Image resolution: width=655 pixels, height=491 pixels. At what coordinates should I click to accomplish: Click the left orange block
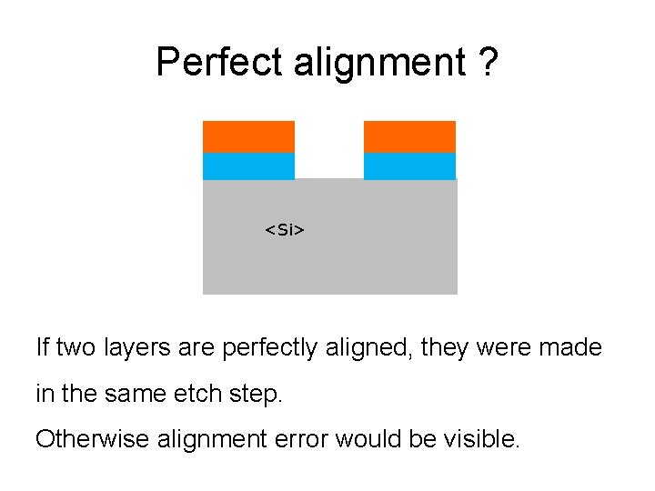click(x=248, y=136)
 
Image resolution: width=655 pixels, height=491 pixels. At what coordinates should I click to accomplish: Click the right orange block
click(x=409, y=136)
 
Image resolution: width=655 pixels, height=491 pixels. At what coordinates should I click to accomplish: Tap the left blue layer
click(x=248, y=166)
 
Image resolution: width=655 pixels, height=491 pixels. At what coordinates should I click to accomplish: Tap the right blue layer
click(x=409, y=166)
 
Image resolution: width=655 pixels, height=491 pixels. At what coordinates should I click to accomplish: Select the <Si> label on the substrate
click(x=285, y=230)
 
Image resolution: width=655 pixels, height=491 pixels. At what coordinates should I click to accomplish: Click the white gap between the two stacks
click(x=329, y=150)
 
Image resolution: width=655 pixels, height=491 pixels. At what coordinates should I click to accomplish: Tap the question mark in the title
click(x=488, y=63)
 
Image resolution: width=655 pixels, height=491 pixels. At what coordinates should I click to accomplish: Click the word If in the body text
click(x=41, y=347)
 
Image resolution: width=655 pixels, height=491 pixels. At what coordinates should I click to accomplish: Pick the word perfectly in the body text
click(x=269, y=348)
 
